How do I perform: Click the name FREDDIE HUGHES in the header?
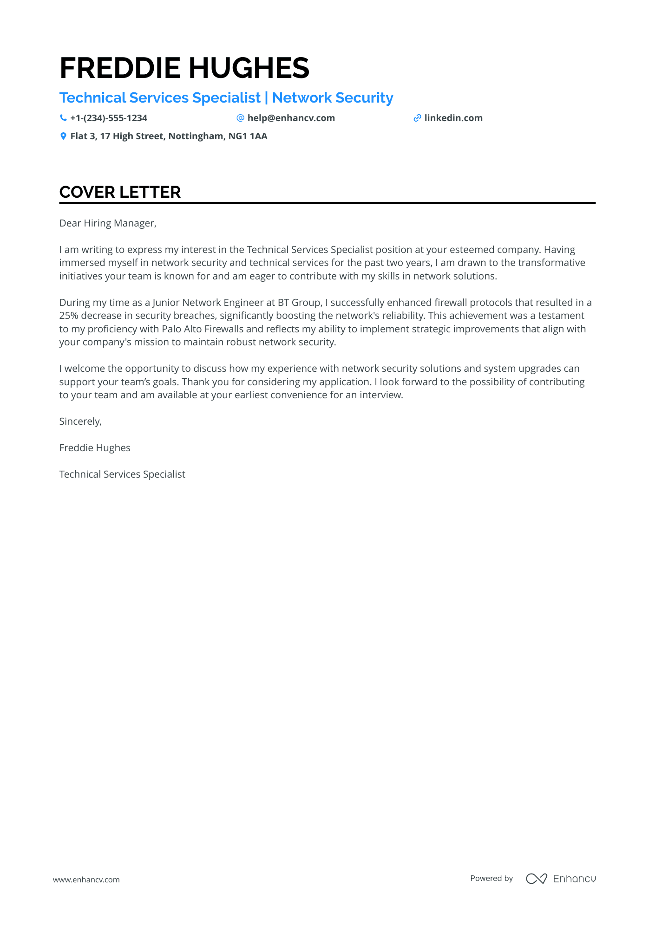[184, 68]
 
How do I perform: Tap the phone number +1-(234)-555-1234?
[109, 118]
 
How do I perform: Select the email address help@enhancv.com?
[291, 118]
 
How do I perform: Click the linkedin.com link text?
[453, 118]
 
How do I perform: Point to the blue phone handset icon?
[63, 118]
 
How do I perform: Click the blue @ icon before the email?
[240, 118]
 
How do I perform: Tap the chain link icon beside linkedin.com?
[417, 118]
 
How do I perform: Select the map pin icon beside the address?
[63, 136]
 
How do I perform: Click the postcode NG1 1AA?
[248, 136]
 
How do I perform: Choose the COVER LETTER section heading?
[120, 192]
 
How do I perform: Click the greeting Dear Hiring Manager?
[108, 223]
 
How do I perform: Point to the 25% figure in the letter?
[68, 316]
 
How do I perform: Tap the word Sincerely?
[80, 421]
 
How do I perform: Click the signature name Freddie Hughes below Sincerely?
[95, 448]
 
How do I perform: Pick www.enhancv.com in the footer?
[86, 880]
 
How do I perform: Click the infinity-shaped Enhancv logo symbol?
[537, 879]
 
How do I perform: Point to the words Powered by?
[491, 879]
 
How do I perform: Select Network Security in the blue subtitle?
[333, 98]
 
